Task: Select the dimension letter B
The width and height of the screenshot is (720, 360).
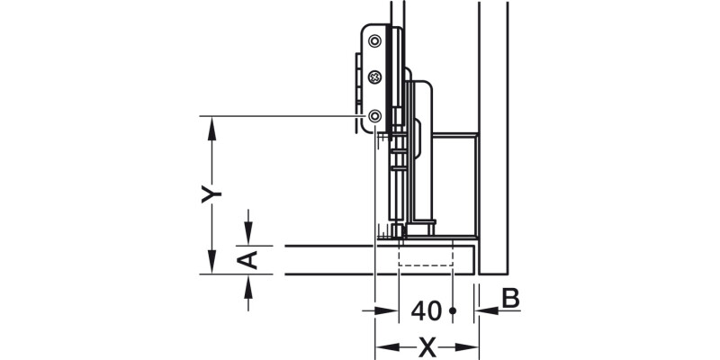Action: (x=508, y=298)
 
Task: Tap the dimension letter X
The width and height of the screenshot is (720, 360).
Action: (x=427, y=346)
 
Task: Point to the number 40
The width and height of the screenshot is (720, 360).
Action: (x=426, y=311)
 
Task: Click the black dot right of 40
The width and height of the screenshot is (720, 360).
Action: (x=454, y=311)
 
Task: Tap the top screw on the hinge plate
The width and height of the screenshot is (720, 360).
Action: (x=373, y=39)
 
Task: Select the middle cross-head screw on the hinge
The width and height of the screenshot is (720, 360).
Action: (x=373, y=78)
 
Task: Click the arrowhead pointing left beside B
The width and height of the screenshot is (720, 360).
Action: (x=487, y=311)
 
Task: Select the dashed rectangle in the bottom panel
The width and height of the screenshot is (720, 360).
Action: (x=423, y=256)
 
